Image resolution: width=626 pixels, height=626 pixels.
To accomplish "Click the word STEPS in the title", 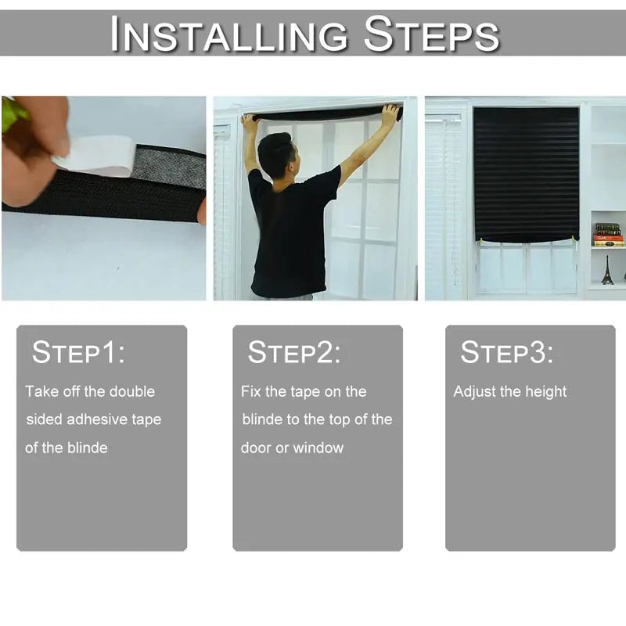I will pos(432,35).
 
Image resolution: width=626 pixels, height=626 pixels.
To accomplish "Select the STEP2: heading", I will pos(294,353).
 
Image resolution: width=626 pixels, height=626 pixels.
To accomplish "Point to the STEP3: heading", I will pos(506,353).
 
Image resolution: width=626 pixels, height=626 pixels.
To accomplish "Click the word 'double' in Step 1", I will pos(131,391).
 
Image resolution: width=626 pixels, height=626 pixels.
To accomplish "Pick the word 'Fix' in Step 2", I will pos(251,391).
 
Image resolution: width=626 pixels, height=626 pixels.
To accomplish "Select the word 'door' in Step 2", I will pos(254,448).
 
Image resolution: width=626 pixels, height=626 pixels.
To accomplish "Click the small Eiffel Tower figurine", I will pos(606,269).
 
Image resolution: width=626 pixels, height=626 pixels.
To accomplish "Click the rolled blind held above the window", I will pos(321,114).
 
